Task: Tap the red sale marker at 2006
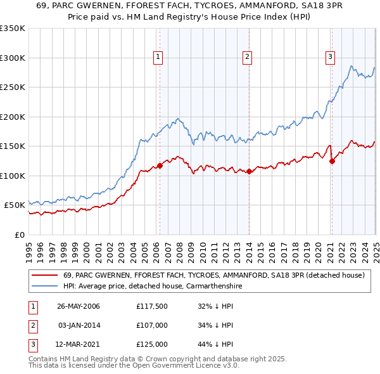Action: [160, 166]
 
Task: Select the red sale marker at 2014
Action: [250, 171]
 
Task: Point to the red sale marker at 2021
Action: [332, 161]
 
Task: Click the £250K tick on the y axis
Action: [13, 87]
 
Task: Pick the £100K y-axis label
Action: [13, 176]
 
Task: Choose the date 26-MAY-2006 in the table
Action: [79, 306]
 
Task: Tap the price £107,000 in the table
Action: [151, 325]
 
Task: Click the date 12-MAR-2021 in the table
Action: [79, 345]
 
